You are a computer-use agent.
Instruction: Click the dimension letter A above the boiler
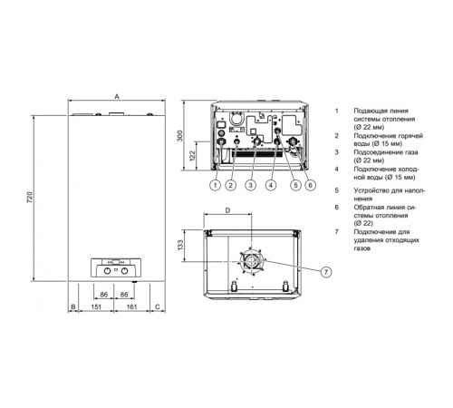pos(117,96)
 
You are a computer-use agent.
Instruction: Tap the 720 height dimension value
pos(30,197)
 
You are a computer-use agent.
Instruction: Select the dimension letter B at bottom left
pos(73,306)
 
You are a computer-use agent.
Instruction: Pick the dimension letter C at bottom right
pos(158,306)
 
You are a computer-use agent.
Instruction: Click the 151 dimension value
pos(96,306)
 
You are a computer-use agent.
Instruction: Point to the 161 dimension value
pos(131,306)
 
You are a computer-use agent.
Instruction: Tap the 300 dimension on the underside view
pos(180,136)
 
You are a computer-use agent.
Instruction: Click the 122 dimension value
pos(192,156)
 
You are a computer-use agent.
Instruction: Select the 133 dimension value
pos(180,245)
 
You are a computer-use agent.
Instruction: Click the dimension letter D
pos(228,210)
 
